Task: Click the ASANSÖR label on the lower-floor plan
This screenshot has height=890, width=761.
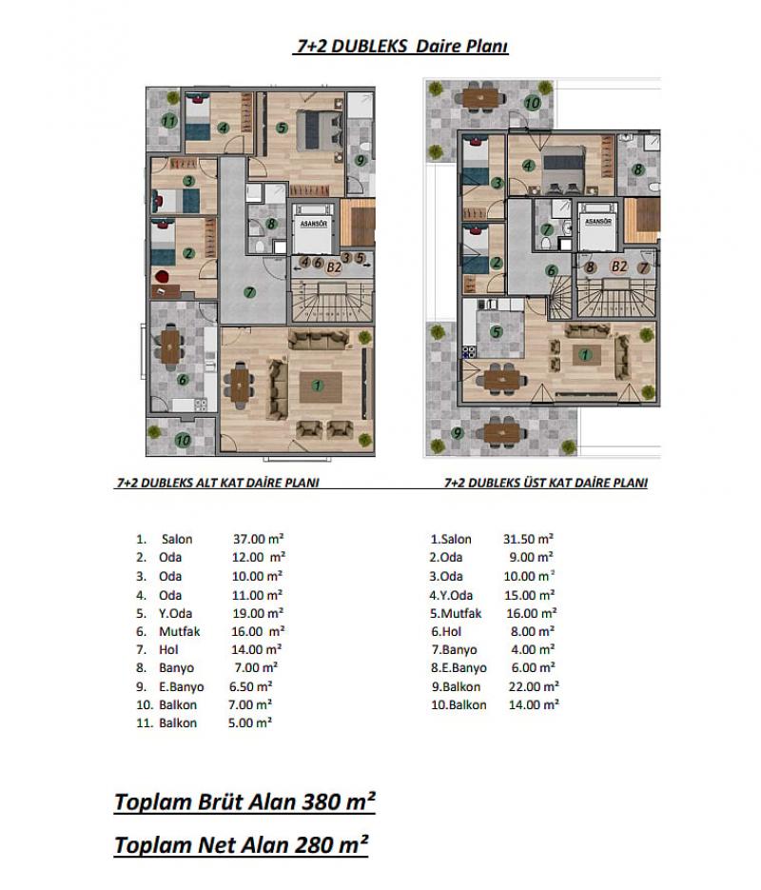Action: pyautogui.click(x=314, y=224)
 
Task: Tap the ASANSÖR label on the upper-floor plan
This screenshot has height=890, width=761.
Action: pyautogui.click(x=597, y=221)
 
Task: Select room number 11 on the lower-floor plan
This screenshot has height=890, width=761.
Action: pyautogui.click(x=168, y=121)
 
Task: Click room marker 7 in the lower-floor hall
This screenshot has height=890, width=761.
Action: pyautogui.click(x=249, y=293)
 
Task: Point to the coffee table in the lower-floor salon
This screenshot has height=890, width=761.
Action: pyautogui.click(x=321, y=386)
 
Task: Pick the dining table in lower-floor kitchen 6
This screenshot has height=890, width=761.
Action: pyautogui.click(x=170, y=346)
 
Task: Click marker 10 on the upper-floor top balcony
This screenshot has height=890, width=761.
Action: pyautogui.click(x=532, y=103)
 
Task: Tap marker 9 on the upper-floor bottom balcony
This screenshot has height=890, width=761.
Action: pyautogui.click(x=457, y=433)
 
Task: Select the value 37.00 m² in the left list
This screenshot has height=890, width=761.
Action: pyautogui.click(x=258, y=539)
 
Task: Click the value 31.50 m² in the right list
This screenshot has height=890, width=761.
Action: pyautogui.click(x=528, y=539)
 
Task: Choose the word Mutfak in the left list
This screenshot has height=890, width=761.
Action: pyautogui.click(x=179, y=631)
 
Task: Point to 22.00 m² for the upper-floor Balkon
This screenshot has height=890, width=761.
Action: pyautogui.click(x=534, y=686)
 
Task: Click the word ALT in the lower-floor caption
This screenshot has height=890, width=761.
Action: pyautogui.click(x=207, y=483)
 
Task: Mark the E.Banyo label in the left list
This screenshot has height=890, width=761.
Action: pyautogui.click(x=181, y=687)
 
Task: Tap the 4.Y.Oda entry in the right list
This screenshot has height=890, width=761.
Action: pyautogui.click(x=452, y=596)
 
